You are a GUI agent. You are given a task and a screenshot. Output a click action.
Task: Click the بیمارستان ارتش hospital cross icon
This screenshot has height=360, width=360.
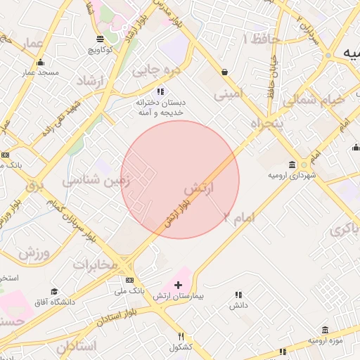(178, 285)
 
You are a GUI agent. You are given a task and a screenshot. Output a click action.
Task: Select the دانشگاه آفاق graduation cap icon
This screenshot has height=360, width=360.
(54, 292)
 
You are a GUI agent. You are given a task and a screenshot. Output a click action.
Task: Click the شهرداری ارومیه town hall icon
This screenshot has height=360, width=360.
(303, 164)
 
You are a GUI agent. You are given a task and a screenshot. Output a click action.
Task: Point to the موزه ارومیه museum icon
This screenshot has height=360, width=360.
(324, 330)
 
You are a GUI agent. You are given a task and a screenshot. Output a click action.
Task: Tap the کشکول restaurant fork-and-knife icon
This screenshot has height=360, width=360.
(181, 337)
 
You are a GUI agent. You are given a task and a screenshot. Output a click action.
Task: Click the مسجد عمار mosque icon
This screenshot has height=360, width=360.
(39, 63)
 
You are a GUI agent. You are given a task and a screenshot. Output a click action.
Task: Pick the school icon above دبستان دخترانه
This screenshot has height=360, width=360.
(160, 91)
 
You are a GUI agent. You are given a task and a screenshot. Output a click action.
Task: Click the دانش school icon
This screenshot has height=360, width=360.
(238, 295)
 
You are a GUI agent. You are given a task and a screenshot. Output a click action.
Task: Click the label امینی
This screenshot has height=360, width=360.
(231, 92)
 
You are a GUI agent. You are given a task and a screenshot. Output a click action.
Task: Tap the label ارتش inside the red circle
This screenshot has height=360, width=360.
(198, 189)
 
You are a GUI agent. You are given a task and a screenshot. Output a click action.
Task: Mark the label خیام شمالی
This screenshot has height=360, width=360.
(314, 101)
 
